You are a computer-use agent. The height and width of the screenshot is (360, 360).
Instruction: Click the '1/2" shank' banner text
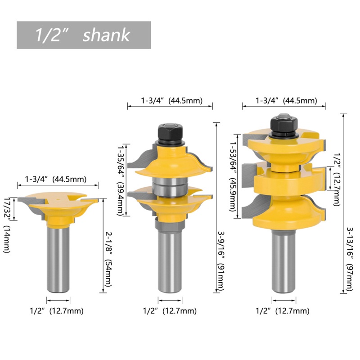coord(83,35)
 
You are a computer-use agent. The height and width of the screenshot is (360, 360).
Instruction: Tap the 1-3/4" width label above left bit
coord(57,179)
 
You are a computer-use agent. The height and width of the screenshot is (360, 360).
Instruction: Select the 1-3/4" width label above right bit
coord(283,101)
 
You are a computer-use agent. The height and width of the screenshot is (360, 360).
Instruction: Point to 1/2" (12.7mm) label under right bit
coord(283,310)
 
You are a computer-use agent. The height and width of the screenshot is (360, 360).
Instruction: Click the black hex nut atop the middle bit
coord(169,133)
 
